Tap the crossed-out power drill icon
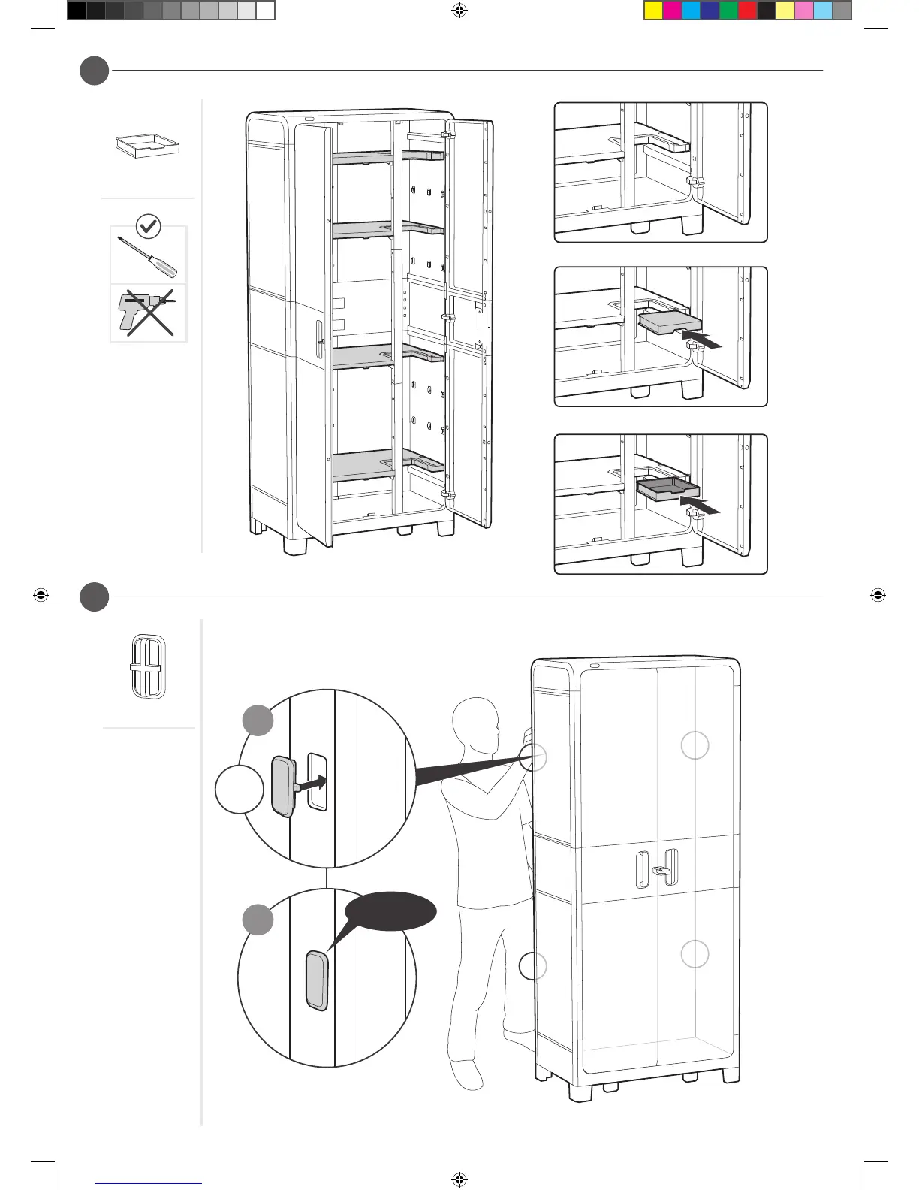point(149,313)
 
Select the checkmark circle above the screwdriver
point(149,225)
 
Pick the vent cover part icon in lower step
point(148,666)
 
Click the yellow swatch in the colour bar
point(653,11)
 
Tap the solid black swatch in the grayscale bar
point(77,11)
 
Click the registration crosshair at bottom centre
point(459,1179)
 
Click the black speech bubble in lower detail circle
point(390,911)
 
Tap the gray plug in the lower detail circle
point(317,980)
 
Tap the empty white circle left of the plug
point(240,789)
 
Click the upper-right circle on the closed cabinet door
point(695,745)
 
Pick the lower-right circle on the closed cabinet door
point(695,954)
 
